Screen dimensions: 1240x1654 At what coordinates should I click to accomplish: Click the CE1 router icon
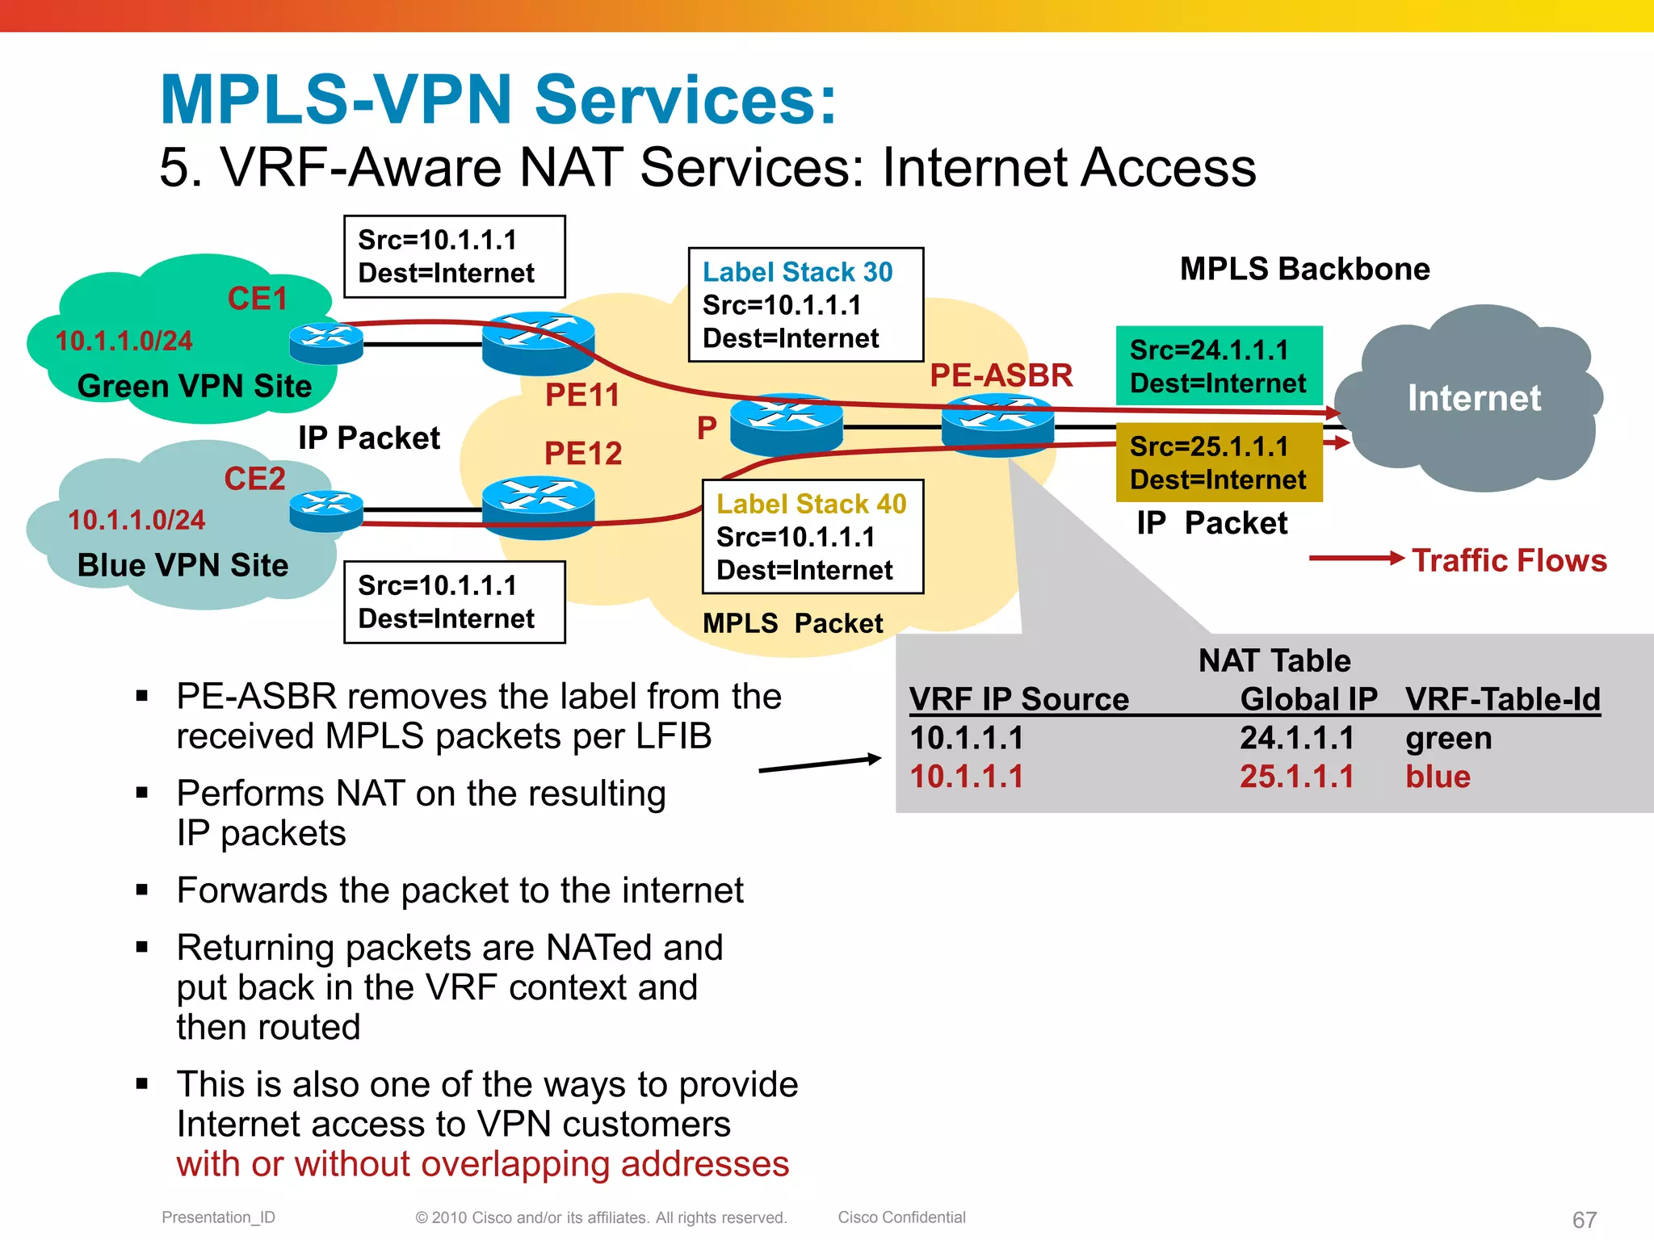click(325, 343)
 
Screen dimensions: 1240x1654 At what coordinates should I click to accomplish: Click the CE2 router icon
click(325, 511)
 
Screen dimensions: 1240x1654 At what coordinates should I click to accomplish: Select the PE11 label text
click(581, 395)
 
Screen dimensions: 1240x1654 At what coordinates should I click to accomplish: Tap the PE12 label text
click(583, 453)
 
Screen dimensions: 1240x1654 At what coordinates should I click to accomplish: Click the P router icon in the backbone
click(786, 423)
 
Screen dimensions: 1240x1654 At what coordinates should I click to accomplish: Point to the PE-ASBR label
click(1001, 375)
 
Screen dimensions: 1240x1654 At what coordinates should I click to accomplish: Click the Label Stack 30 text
click(797, 272)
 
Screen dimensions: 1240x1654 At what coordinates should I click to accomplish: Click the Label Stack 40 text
click(811, 504)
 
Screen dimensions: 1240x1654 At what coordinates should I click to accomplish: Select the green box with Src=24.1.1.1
click(1219, 366)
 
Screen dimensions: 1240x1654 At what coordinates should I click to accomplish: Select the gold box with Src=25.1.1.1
click(1219, 463)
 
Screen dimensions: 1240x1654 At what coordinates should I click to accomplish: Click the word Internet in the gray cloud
click(1474, 398)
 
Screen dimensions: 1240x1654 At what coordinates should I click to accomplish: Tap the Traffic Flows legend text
click(1509, 560)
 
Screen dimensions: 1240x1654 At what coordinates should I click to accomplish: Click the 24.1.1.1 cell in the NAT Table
click(1296, 738)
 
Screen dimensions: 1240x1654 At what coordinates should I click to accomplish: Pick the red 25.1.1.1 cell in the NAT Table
click(1296, 777)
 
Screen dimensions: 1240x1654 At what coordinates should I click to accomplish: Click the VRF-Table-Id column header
click(1502, 699)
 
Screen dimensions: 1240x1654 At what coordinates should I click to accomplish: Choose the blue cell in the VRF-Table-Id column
click(1438, 777)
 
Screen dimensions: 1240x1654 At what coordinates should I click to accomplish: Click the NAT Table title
click(1274, 660)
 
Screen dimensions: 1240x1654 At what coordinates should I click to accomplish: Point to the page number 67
click(1584, 1219)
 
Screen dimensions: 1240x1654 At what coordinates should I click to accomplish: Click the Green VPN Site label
click(194, 386)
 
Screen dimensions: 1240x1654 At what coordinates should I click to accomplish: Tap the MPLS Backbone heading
click(1304, 269)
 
